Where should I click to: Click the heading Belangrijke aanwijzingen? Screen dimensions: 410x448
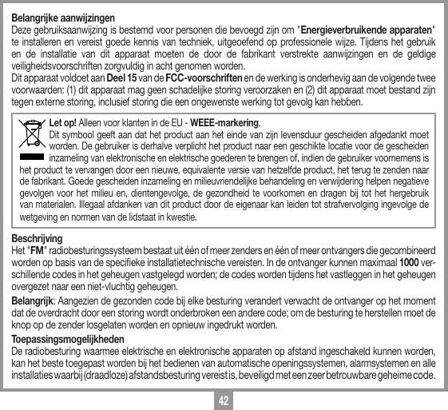point(61,17)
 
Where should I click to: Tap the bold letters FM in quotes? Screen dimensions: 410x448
point(37,251)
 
